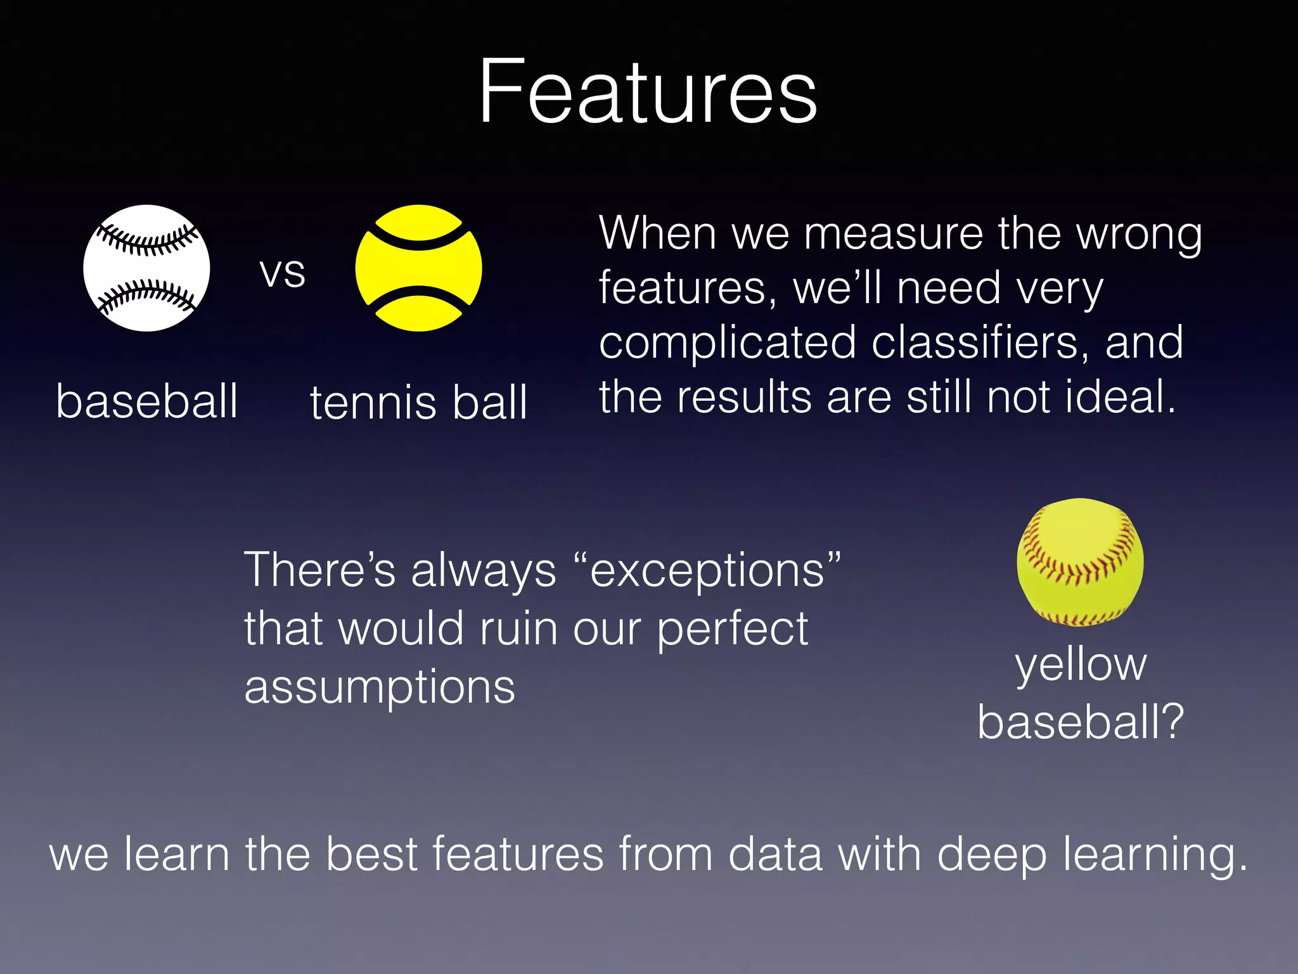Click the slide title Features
[648, 92]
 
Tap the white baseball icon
[146, 269]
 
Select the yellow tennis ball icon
[418, 268]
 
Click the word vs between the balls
[283, 273]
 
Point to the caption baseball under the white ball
[147, 401]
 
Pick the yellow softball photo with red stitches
[1080, 562]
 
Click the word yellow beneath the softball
[1081, 665]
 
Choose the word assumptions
[380, 688]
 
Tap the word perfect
[732, 630]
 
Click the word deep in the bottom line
[991, 855]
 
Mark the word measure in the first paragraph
[894, 234]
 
